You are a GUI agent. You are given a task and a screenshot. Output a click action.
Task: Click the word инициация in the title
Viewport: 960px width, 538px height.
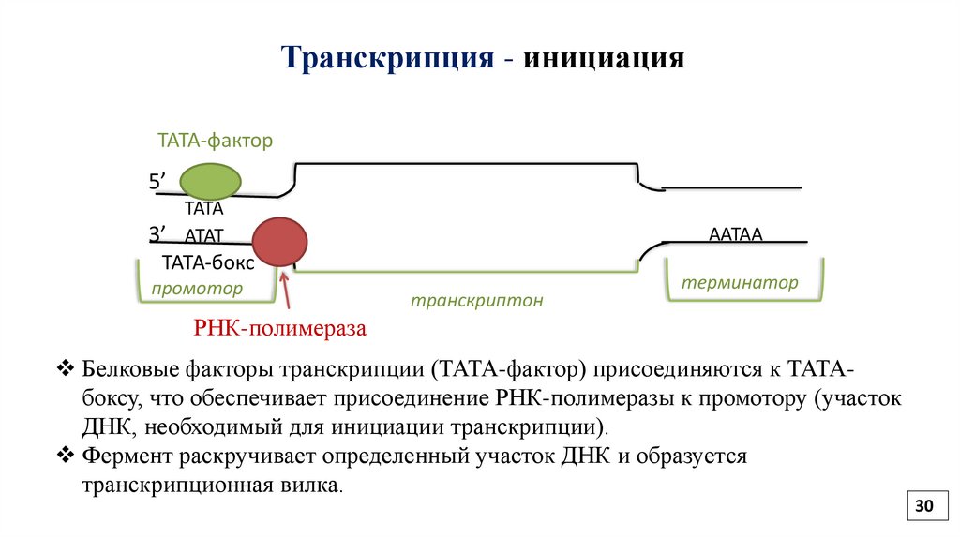tap(605, 59)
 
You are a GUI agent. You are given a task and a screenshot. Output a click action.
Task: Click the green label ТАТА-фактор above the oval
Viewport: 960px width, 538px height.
tap(214, 142)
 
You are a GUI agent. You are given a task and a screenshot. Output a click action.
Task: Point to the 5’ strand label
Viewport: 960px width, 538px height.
tap(159, 182)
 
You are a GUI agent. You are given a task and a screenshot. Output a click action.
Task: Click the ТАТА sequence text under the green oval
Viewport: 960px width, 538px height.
tap(203, 210)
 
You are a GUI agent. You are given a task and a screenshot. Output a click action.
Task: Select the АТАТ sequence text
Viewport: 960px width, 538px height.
tap(203, 237)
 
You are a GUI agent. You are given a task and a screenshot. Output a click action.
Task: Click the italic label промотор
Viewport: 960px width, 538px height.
tap(197, 289)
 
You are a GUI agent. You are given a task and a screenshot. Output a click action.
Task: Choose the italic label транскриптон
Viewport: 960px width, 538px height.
tap(476, 302)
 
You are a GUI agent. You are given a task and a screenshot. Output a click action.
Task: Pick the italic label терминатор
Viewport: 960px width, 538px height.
tap(740, 282)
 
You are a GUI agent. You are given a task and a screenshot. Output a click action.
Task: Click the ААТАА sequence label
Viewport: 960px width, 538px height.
tap(737, 235)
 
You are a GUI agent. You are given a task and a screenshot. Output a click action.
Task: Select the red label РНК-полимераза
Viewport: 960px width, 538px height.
tap(278, 329)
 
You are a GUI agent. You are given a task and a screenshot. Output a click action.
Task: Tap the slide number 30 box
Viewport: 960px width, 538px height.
tap(924, 506)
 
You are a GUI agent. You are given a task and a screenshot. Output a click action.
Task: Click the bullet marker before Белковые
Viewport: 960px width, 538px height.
tap(65, 366)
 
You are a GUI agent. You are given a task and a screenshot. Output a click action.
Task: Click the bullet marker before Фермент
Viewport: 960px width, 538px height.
tap(65, 456)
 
